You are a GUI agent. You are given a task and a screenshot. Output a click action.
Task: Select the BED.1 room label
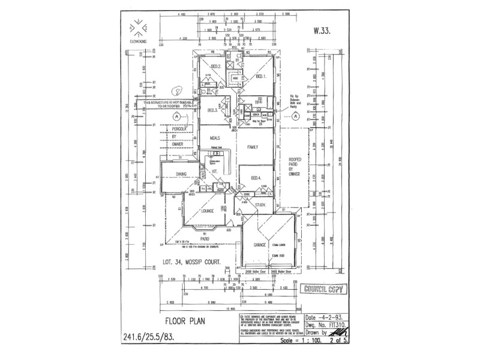[x=260, y=77]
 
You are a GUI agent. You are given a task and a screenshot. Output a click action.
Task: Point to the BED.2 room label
[x=215, y=66]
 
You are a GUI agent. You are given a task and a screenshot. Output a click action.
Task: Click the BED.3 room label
[x=212, y=110]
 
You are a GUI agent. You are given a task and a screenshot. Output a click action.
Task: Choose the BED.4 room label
[x=257, y=178]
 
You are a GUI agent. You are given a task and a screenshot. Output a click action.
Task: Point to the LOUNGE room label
[x=208, y=211]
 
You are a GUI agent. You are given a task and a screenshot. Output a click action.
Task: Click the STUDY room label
[x=260, y=205]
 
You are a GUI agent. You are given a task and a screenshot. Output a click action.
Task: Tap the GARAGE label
[x=260, y=245]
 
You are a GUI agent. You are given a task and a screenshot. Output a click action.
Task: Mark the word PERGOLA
[x=178, y=128]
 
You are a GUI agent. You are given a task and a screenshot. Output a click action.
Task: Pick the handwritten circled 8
[x=176, y=92]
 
